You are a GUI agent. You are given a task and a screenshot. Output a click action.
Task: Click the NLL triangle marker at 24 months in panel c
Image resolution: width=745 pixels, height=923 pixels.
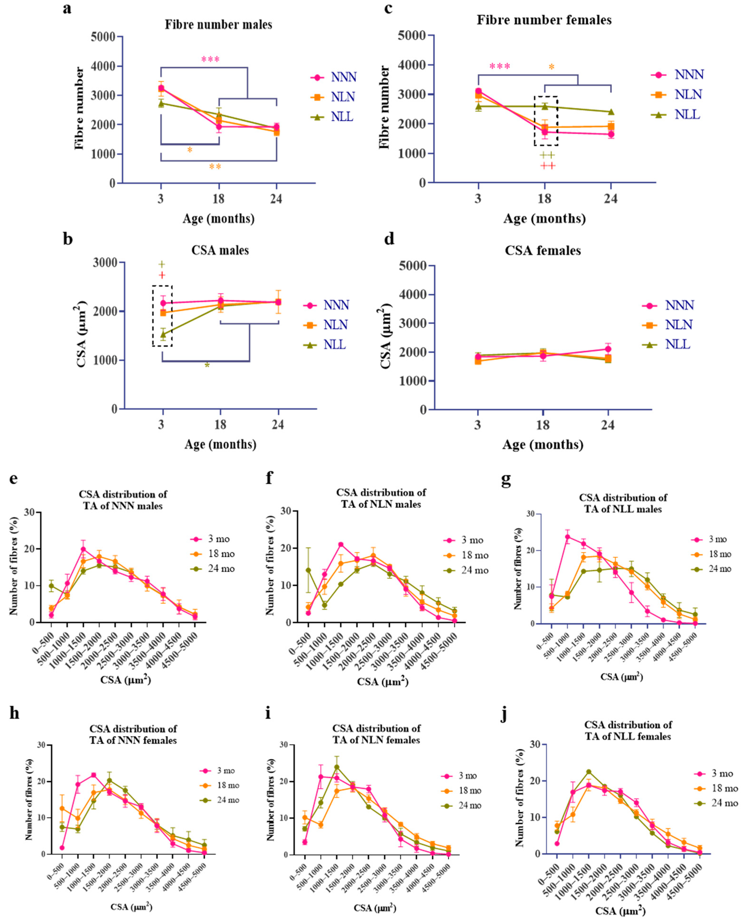tap(611, 112)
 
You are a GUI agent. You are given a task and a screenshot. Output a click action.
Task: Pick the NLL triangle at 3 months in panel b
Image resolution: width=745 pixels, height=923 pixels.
tap(163, 334)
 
